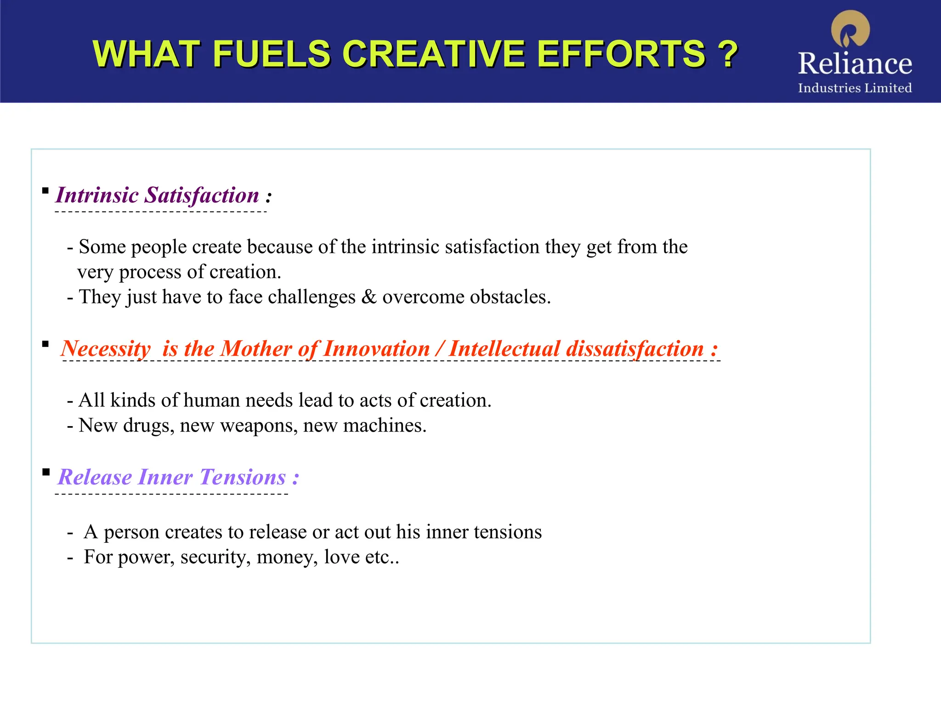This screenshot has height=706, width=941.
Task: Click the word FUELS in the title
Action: point(271,54)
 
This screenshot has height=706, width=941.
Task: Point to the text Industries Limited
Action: point(855,88)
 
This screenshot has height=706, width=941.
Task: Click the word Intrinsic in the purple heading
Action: point(97,195)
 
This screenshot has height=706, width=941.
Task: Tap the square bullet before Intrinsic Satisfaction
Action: point(45,190)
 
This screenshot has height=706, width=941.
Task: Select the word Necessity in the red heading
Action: point(106,348)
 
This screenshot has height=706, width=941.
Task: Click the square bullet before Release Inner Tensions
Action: point(45,472)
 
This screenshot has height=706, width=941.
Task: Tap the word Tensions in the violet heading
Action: point(243,477)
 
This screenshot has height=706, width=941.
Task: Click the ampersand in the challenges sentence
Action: point(369,297)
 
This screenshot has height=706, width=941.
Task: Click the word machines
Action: point(385,426)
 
